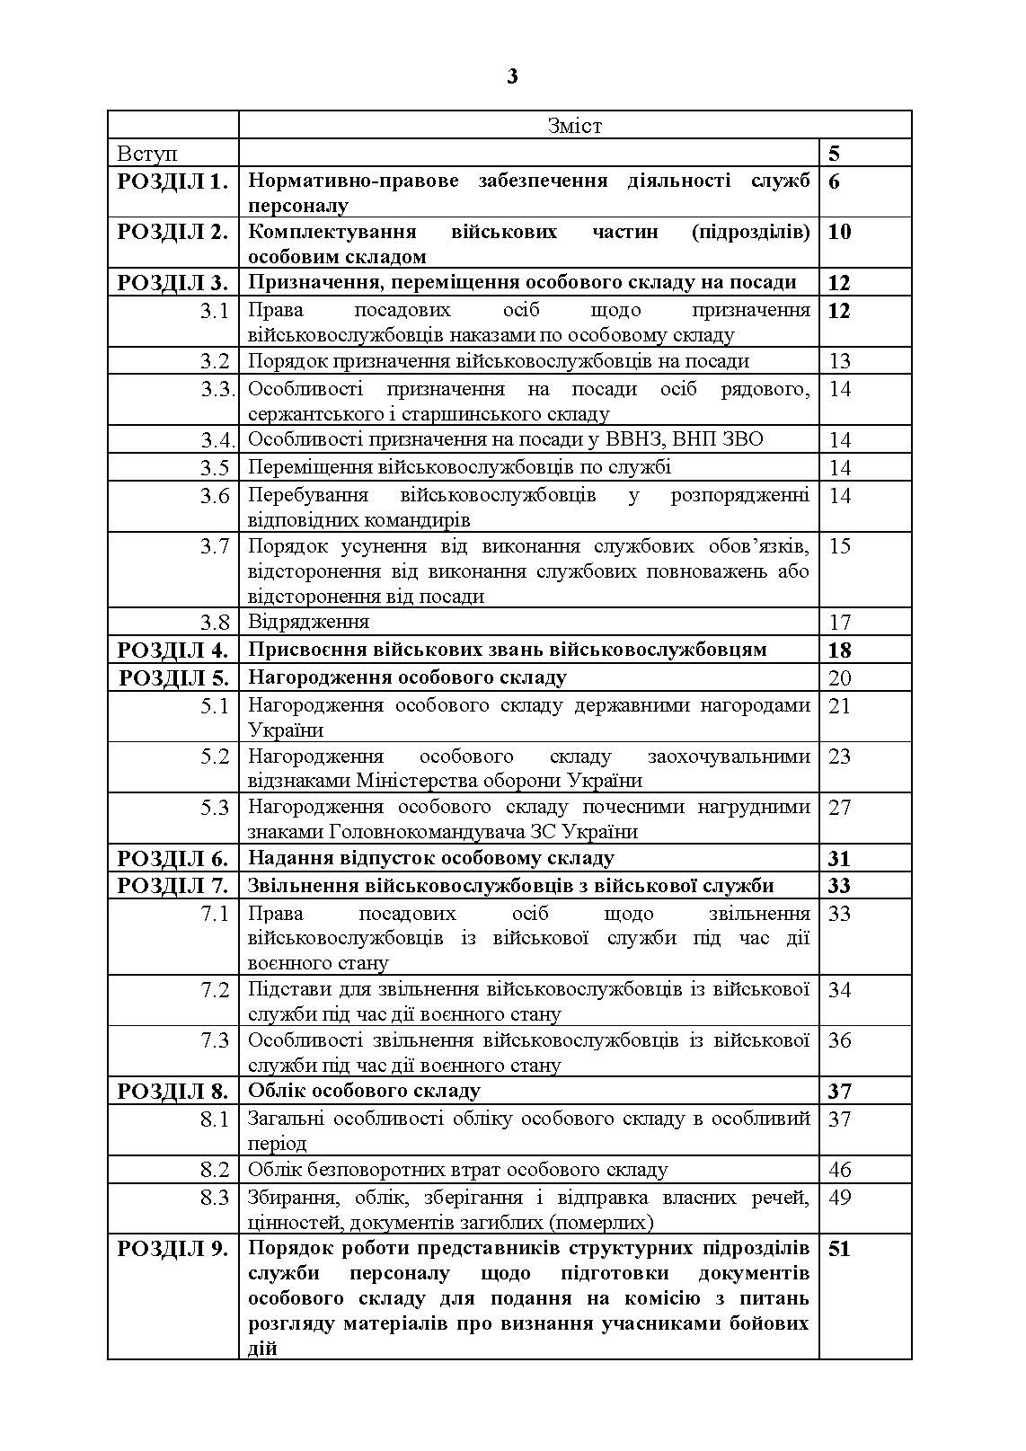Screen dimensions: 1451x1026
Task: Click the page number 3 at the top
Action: click(512, 76)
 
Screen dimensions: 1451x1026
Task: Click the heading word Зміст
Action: click(575, 126)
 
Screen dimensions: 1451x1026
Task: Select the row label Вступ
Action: click(147, 154)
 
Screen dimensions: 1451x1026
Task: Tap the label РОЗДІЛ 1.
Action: click(172, 181)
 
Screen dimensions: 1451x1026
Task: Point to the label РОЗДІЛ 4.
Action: click(172, 650)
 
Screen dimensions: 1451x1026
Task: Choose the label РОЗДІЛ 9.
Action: click(172, 1248)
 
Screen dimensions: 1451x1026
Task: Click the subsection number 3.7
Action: click(215, 546)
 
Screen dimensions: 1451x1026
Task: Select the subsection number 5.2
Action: click(215, 756)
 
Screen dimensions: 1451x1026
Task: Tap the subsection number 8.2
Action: click(215, 1170)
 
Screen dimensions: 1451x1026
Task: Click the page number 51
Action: click(838, 1248)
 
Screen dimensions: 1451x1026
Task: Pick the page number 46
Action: click(839, 1170)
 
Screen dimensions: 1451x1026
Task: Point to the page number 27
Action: click(839, 807)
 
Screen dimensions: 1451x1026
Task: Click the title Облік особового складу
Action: click(364, 1091)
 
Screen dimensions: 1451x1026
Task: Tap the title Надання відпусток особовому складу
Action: click(430, 858)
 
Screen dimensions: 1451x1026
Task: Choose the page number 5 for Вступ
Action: click(835, 154)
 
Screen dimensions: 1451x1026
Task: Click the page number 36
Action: click(839, 1040)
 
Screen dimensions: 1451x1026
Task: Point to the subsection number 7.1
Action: click(215, 914)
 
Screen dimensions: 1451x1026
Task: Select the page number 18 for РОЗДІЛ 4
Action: click(838, 650)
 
